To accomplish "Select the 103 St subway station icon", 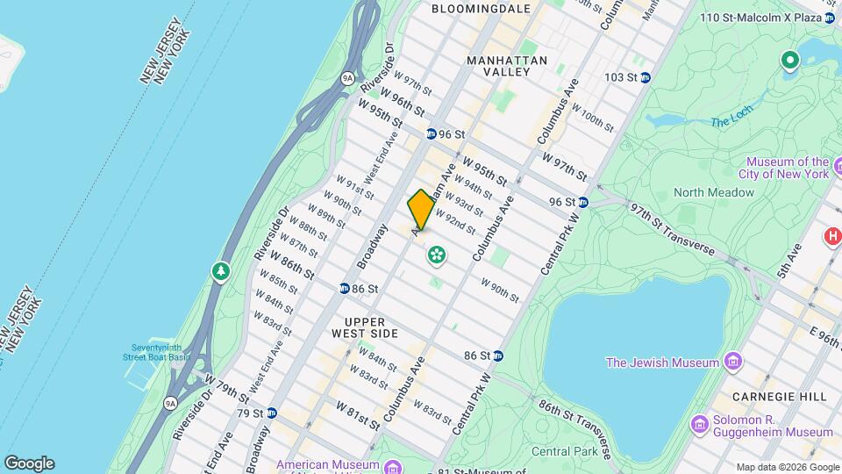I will click(x=646, y=77).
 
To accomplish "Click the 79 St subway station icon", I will click(x=272, y=413).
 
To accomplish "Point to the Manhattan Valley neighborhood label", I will click(x=507, y=67).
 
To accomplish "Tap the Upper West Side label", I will click(x=365, y=327).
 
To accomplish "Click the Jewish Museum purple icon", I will click(x=732, y=362).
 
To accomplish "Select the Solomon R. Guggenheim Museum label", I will click(x=772, y=425).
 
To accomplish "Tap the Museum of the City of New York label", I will click(x=787, y=168).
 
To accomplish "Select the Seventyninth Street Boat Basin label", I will click(x=155, y=351).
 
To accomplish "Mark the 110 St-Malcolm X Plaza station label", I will click(x=771, y=18).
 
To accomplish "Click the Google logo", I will click(x=29, y=463).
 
